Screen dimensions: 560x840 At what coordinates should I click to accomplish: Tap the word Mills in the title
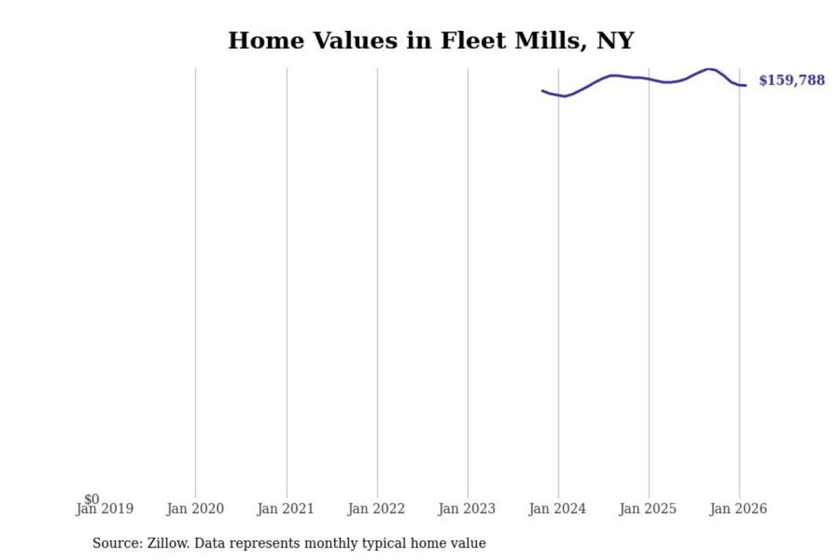[x=549, y=41]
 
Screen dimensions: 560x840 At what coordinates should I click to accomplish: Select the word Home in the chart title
[x=266, y=41]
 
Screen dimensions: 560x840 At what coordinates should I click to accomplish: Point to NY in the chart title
[x=615, y=41]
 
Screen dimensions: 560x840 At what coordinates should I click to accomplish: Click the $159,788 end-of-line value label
[x=792, y=80]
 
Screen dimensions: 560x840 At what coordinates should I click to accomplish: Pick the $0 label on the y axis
[x=92, y=499]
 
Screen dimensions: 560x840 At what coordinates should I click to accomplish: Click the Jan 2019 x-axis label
[x=105, y=509]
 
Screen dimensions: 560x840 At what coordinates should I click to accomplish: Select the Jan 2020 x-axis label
[x=195, y=509]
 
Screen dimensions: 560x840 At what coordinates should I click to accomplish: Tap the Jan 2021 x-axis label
[x=286, y=509]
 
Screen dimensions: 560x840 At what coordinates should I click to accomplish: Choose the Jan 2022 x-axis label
[x=376, y=509]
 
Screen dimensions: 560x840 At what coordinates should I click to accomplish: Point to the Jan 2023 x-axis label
[x=467, y=509]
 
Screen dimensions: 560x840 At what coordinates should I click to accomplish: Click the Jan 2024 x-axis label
[x=557, y=509]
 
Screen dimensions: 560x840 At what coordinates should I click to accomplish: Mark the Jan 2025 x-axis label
[x=647, y=509]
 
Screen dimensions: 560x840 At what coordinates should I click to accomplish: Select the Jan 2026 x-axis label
[x=738, y=509]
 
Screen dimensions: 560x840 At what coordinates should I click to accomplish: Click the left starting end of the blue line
[x=542, y=90]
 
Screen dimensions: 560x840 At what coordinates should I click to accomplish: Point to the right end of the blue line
[x=745, y=86]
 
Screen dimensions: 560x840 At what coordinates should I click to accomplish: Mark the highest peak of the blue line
[x=709, y=69]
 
